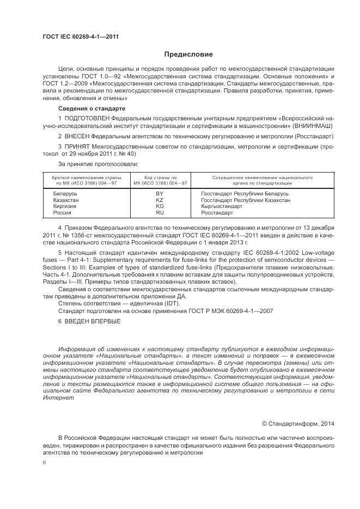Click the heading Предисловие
[x=188, y=54]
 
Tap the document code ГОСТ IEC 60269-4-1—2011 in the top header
[x=80, y=36]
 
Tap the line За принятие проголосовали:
[x=98, y=163]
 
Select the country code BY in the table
[x=160, y=194]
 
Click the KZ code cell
[x=160, y=200]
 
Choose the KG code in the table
[x=160, y=207]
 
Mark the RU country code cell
[x=160, y=213]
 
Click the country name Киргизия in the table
[x=65, y=207]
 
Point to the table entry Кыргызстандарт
[x=222, y=207]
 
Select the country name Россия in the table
[x=62, y=213]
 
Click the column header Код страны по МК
[x=160, y=178]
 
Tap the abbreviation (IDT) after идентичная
[x=170, y=303]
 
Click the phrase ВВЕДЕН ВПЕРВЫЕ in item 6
[x=93, y=321]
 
